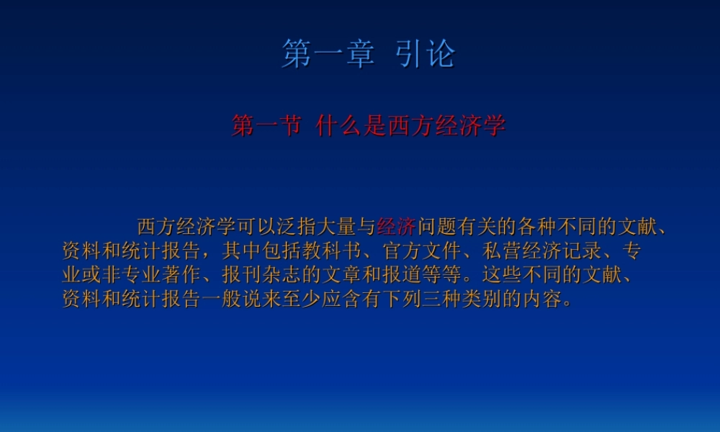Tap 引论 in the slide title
[426, 55]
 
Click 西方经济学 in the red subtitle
[446, 126]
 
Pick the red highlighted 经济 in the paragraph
[396, 227]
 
